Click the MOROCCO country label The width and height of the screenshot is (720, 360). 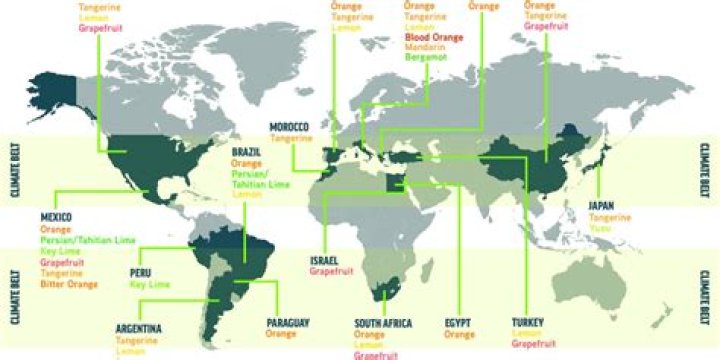pyautogui.click(x=289, y=126)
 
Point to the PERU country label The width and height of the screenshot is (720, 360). pyautogui.click(x=141, y=272)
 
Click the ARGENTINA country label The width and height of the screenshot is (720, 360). pyautogui.click(x=138, y=327)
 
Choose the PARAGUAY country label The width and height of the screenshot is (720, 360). pyautogui.click(x=288, y=322)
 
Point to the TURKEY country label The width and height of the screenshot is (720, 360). pyautogui.click(x=527, y=323)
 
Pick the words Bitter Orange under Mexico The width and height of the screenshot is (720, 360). pyautogui.click(x=69, y=284)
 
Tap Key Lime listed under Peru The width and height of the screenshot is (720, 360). pyautogui.click(x=147, y=284)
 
